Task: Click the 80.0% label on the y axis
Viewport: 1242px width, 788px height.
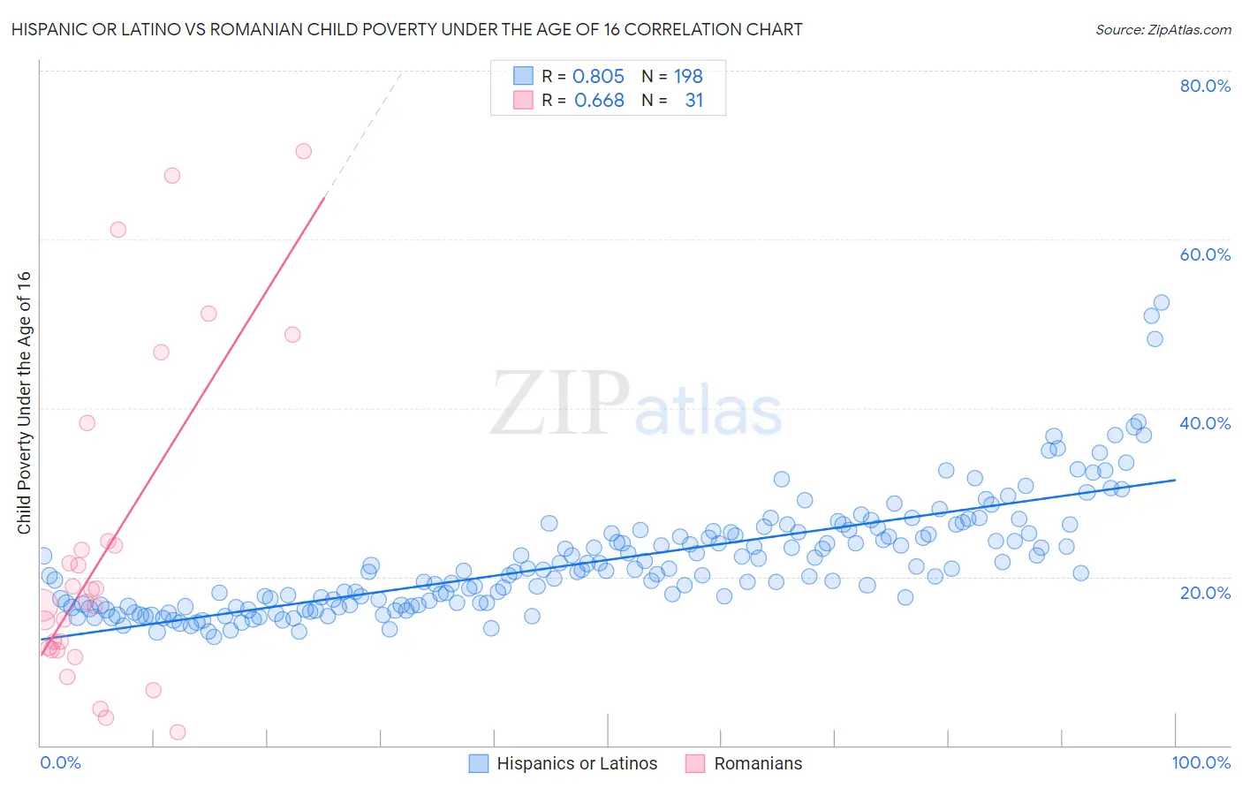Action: [x=1205, y=86]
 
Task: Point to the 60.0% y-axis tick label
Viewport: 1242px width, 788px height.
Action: [x=1205, y=254]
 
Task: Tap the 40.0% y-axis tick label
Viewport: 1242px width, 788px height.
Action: [x=1205, y=423]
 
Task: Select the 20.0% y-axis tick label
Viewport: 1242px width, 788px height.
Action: [x=1205, y=593]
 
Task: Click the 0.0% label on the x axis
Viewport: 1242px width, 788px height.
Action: [x=60, y=762]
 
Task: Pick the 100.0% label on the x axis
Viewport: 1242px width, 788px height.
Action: [x=1200, y=762]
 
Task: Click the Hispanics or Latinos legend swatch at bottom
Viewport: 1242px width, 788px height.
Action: [x=479, y=763]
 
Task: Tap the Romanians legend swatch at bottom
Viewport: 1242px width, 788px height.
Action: [x=695, y=763]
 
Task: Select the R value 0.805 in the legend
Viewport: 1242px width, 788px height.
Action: [x=598, y=76]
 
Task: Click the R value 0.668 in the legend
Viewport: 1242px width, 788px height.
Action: [x=599, y=101]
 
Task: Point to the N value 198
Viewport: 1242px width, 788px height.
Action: [x=688, y=76]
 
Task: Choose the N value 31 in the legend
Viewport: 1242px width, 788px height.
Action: [x=694, y=101]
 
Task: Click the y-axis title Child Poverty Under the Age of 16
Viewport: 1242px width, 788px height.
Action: [x=24, y=402]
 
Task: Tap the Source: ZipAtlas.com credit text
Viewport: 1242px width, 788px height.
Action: [x=1162, y=29]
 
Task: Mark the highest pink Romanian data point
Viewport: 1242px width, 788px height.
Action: [x=303, y=151]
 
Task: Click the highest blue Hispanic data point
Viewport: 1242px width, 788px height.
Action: [x=1162, y=303]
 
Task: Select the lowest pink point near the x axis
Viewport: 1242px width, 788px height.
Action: [x=178, y=732]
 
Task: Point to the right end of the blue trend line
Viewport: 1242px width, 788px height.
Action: [x=1175, y=480]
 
